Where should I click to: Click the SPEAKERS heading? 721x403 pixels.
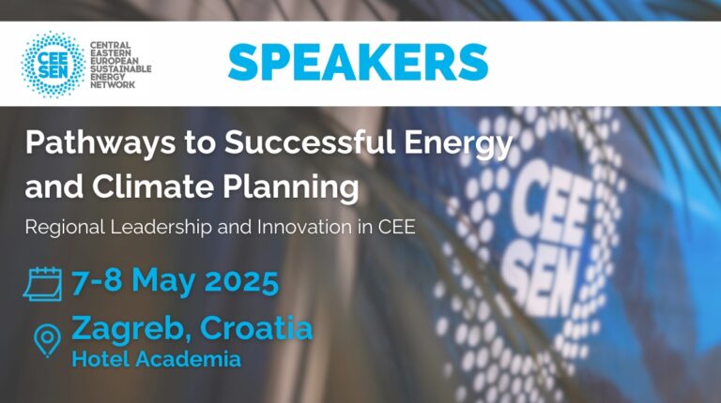click(x=358, y=63)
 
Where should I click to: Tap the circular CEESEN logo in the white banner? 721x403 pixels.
click(x=54, y=65)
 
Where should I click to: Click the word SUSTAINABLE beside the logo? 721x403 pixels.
click(x=120, y=68)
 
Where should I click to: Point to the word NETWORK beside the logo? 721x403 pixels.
click(x=113, y=85)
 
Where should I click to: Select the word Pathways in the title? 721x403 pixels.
click(x=100, y=143)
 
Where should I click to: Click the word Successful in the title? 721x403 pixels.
click(x=310, y=142)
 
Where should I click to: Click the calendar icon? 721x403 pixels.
click(x=43, y=284)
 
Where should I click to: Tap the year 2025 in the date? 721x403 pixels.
click(x=241, y=281)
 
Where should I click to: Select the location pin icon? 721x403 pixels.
click(x=47, y=340)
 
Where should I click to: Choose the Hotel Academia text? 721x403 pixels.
click(x=157, y=359)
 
